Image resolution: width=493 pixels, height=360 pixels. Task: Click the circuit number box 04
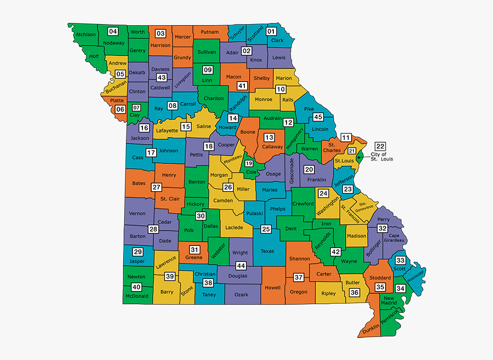(113, 31)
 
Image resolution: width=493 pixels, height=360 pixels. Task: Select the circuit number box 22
(380, 146)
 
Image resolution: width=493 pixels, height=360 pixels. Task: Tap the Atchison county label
(85, 35)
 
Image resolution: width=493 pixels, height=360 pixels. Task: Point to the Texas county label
(267, 252)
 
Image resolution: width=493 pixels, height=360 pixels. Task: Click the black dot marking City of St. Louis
(358, 157)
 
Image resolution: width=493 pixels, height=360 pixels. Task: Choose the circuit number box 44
(240, 266)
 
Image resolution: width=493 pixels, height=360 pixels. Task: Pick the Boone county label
(248, 132)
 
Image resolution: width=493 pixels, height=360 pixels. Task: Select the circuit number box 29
(137, 252)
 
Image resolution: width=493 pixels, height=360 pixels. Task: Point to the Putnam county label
(210, 32)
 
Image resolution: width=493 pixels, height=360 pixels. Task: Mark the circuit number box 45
(318, 117)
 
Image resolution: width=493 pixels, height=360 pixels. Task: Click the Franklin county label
(316, 179)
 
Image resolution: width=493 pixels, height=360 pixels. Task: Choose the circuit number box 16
(144, 128)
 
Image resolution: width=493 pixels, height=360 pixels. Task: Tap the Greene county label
(193, 258)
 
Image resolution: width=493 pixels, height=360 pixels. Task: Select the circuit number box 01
(271, 32)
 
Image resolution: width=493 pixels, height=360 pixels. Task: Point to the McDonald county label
(137, 296)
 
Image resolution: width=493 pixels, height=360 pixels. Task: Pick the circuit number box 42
(336, 252)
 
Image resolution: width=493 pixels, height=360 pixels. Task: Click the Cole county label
(251, 172)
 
